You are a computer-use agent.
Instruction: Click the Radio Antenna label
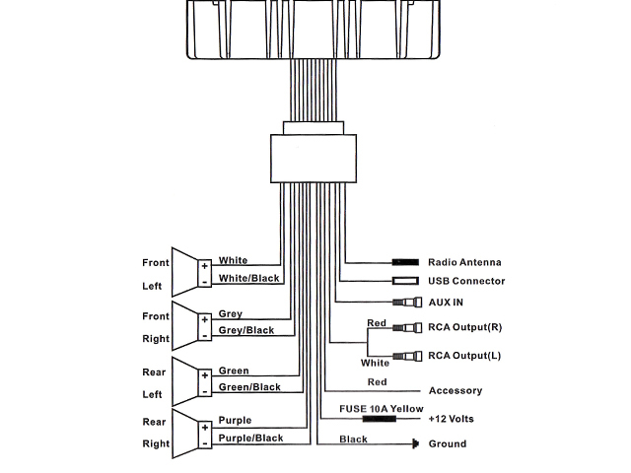(x=464, y=262)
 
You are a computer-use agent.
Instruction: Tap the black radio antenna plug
(x=405, y=262)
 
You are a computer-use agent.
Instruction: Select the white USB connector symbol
(x=405, y=281)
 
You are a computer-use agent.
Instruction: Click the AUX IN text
(x=446, y=303)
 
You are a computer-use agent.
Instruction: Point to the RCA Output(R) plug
(x=404, y=327)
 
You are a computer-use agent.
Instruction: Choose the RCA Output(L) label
(x=464, y=355)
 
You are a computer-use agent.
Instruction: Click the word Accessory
(x=455, y=391)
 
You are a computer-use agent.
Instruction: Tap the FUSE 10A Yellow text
(x=382, y=408)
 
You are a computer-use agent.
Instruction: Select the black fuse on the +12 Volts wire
(x=380, y=419)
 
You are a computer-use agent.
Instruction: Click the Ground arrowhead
(x=414, y=444)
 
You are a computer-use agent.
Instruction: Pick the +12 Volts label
(x=451, y=419)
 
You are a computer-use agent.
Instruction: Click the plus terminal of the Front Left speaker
(x=204, y=265)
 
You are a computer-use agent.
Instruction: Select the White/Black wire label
(x=249, y=279)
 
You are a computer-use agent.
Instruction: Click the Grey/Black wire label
(x=245, y=330)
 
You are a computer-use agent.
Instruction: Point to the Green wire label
(x=234, y=372)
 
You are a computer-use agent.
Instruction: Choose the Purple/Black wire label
(x=250, y=439)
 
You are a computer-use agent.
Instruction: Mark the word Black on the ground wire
(x=353, y=439)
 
